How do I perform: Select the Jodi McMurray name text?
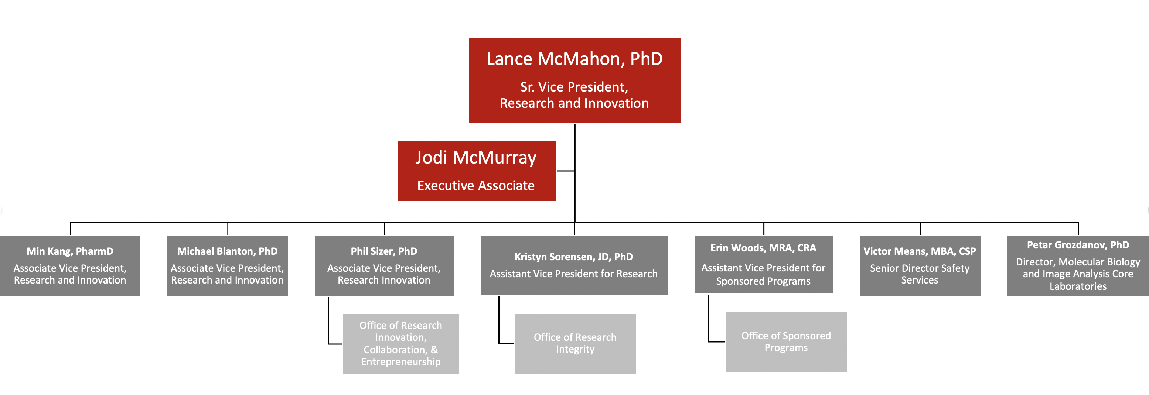coord(476,158)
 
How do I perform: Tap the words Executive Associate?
coord(476,185)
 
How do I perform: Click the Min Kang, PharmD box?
coord(70,266)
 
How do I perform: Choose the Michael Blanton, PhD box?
coord(228,266)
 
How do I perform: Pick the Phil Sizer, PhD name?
coord(384,251)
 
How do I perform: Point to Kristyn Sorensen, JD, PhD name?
coord(574,257)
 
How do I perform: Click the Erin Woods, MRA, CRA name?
coord(763,248)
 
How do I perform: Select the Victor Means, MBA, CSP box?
coord(920,266)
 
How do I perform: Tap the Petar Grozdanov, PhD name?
coord(1078,245)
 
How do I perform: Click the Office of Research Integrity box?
coord(575,343)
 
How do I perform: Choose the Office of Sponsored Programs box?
coord(786,342)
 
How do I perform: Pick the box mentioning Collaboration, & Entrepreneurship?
coord(401,344)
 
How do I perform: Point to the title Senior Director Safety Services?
coord(920,274)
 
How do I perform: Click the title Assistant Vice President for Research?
coord(574,274)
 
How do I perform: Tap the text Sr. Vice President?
coord(574,87)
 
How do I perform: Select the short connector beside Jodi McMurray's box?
coord(565,171)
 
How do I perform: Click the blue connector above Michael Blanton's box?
coord(228,229)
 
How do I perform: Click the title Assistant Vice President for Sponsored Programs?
coord(763,275)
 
